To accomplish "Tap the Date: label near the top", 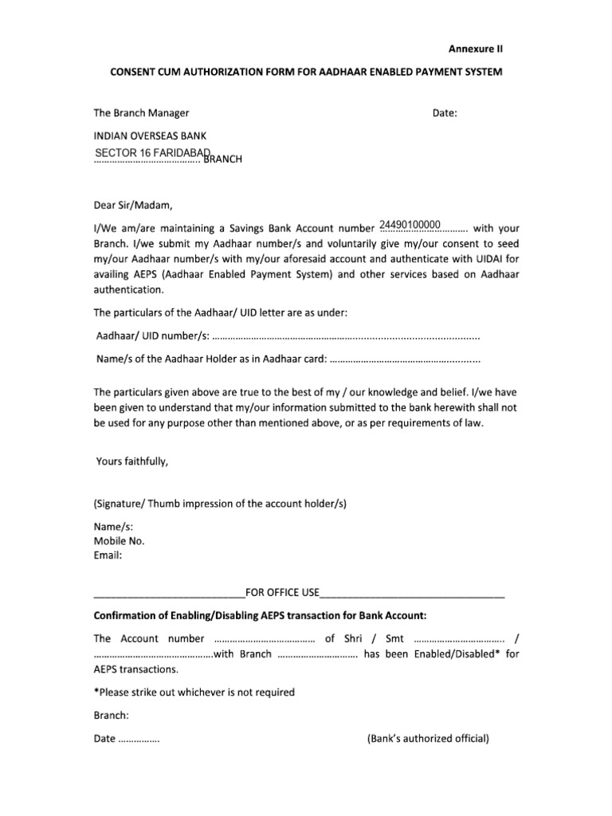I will click(x=445, y=114).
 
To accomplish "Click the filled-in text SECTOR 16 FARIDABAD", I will click(x=151, y=152).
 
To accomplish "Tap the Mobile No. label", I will click(x=120, y=541).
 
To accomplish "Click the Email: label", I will click(x=108, y=555).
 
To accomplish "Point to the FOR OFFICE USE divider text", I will click(x=282, y=592).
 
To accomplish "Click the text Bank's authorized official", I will click(x=427, y=739).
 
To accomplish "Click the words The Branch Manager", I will click(x=142, y=114).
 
